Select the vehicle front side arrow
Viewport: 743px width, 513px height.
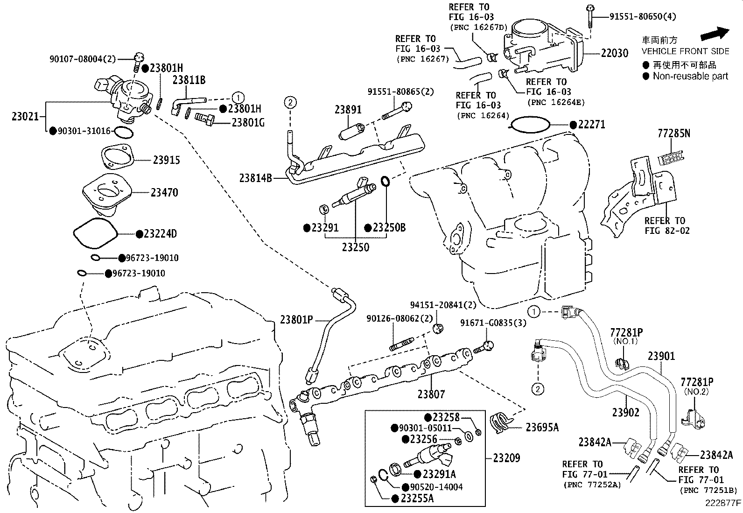(714, 34)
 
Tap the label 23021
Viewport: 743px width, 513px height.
(25, 116)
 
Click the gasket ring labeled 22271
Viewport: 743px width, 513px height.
(531, 125)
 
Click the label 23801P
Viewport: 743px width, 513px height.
(296, 320)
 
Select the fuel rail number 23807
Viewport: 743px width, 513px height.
(431, 394)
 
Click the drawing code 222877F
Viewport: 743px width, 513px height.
(723, 503)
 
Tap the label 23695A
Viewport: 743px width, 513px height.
(542, 427)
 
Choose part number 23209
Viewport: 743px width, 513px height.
(506, 458)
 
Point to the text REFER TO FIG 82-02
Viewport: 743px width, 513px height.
(667, 225)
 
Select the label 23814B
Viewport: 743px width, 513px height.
(255, 178)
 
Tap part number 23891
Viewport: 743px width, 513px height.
(348, 110)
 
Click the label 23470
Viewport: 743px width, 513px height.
(164, 192)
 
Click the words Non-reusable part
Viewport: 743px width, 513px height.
(690, 76)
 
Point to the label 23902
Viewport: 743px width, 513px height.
(625, 412)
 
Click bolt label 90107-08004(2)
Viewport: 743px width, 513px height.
(82, 59)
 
